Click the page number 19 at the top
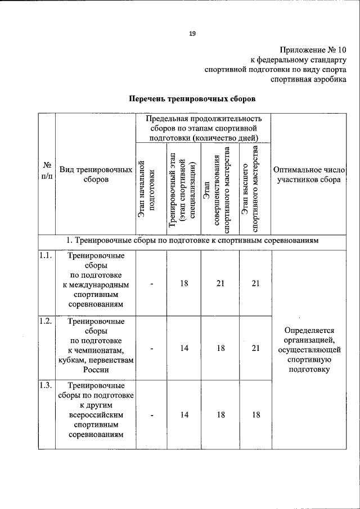[192, 34]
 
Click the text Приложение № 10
[312, 49]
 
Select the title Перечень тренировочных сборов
[192, 98]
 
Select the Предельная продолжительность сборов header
[203, 128]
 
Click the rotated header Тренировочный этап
[183, 188]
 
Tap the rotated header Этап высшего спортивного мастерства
[251, 188]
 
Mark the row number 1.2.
[46, 322]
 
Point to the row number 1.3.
[46, 386]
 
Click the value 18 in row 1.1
[184, 283]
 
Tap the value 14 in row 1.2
[184, 348]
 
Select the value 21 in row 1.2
[255, 348]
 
